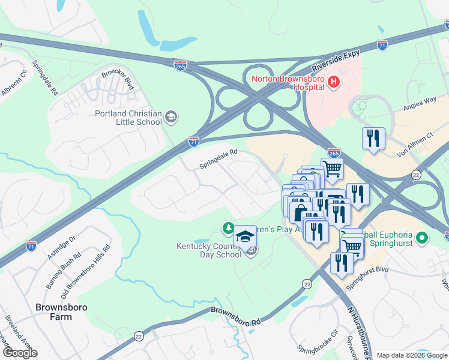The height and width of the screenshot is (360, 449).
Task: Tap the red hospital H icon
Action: [333, 82]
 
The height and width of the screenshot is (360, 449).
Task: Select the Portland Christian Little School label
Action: [128, 118]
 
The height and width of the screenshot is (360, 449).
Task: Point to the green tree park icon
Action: [228, 228]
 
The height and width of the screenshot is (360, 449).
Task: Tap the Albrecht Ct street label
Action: [16, 82]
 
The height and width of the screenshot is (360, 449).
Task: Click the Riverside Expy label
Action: [336, 62]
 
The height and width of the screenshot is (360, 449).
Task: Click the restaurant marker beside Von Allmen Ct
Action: [373, 137]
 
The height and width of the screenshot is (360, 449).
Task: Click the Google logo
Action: [20, 353]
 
